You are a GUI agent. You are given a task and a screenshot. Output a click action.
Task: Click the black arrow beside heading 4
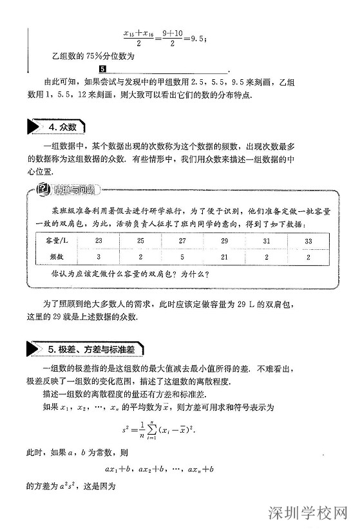[x=34, y=127]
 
